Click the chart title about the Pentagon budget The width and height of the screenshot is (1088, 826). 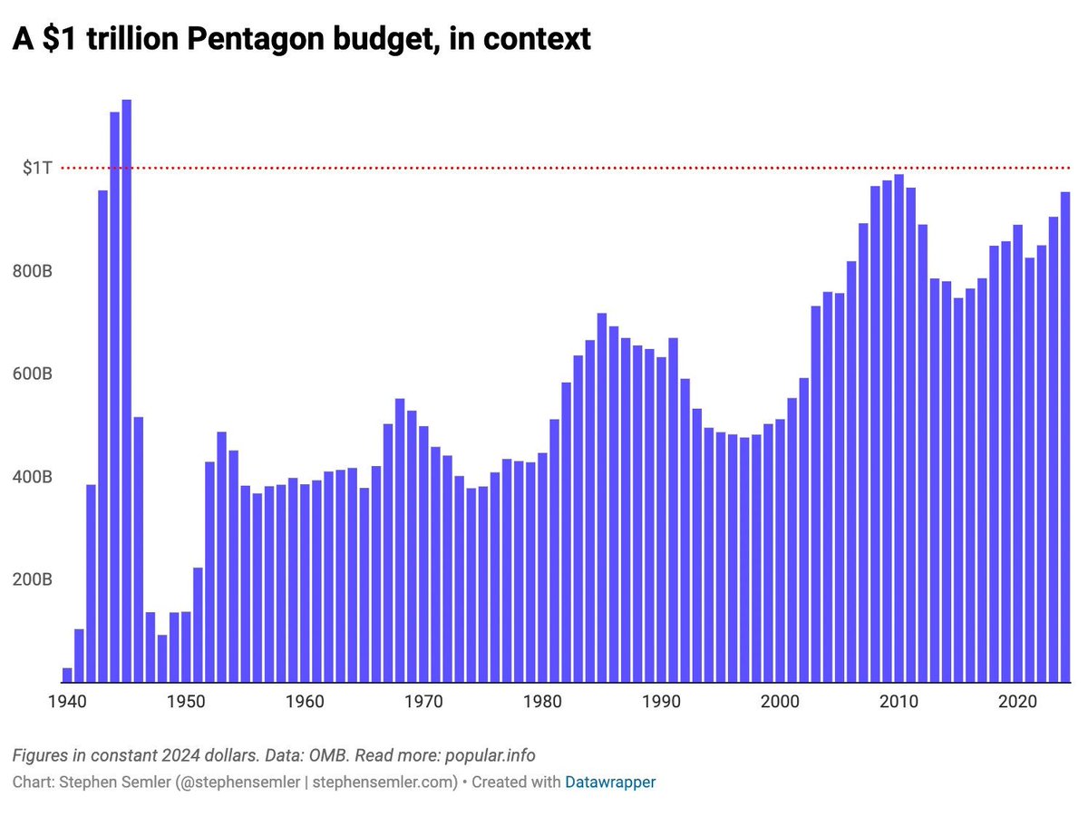299,39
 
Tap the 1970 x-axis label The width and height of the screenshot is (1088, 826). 423,702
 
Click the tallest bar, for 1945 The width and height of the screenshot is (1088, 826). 127,390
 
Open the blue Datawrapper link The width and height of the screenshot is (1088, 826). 610,782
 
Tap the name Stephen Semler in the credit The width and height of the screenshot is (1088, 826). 101,782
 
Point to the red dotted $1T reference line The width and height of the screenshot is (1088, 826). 544,168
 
